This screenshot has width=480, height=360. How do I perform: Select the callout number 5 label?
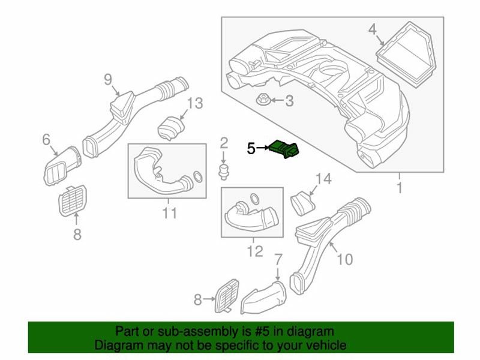tap(251, 148)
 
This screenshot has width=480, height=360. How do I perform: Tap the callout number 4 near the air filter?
tap(373, 29)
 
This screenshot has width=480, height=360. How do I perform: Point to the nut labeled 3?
tap(262, 100)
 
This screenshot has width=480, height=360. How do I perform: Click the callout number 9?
tap(108, 79)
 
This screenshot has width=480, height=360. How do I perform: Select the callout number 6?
tap(46, 140)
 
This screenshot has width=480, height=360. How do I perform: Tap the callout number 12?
tap(255, 251)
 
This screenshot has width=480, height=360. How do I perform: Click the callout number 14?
tap(323, 178)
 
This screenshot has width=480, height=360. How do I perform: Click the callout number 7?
tap(278, 260)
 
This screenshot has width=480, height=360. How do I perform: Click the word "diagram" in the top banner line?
tap(309, 331)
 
